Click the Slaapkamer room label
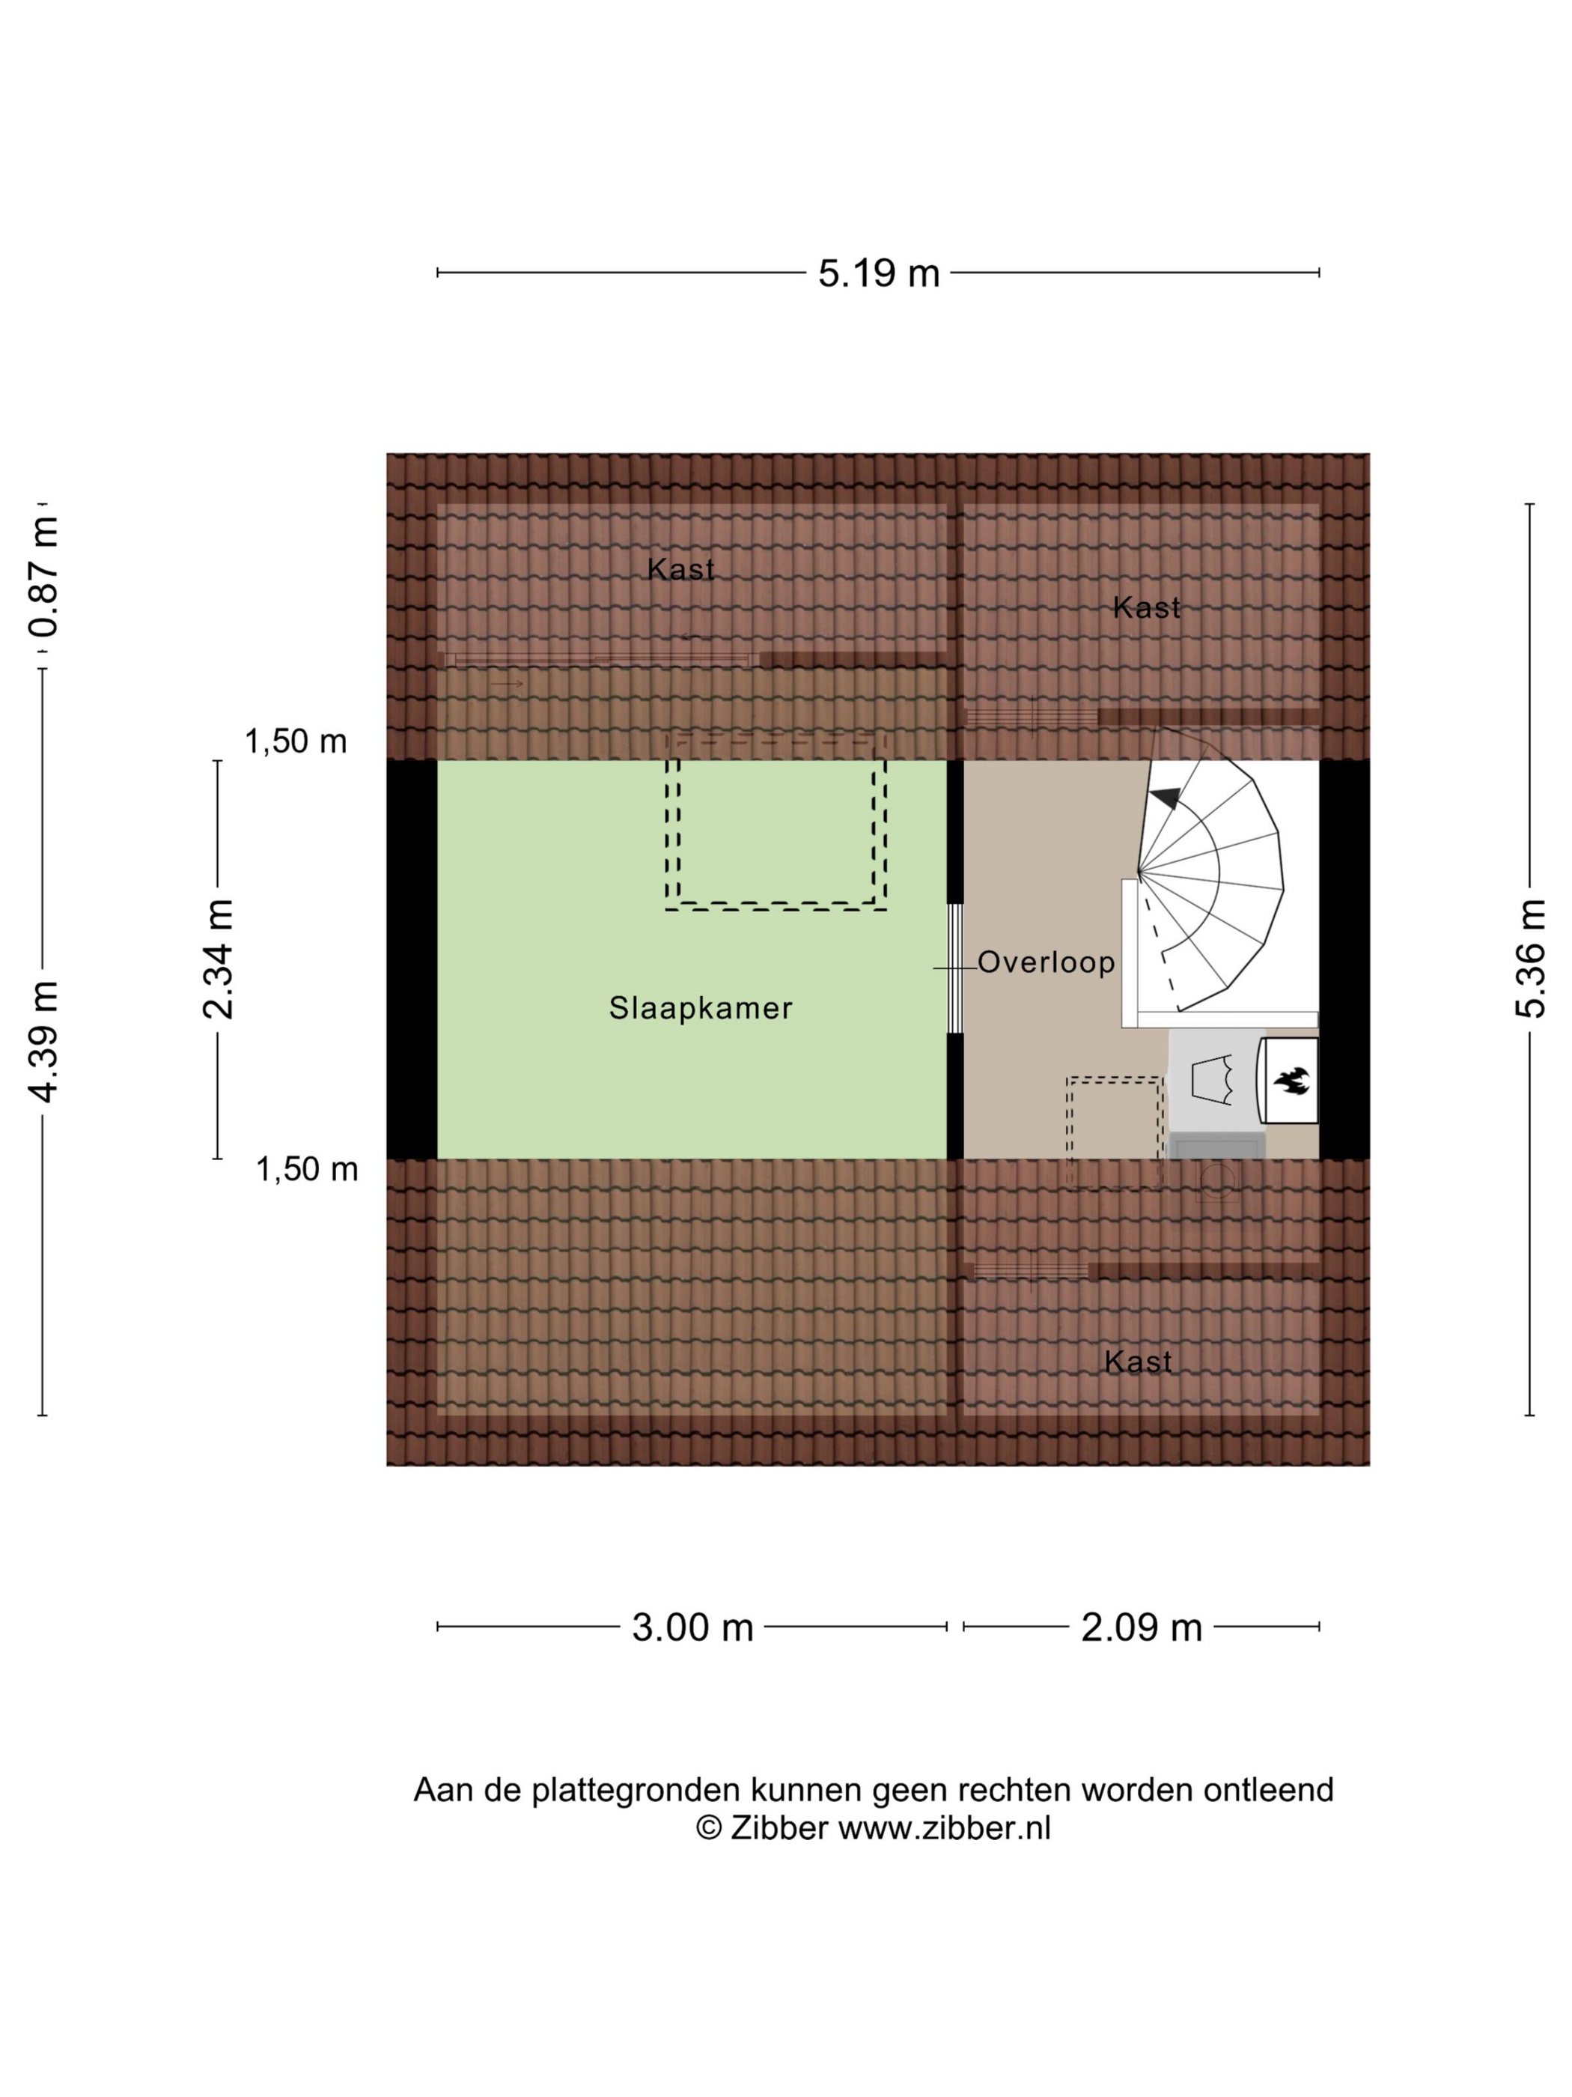point(700,1008)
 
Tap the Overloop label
point(1046,963)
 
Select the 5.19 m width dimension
point(878,274)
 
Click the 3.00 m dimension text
point(692,1627)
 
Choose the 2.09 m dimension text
point(1141,1627)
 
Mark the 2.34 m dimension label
point(218,959)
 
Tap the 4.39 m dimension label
point(43,1042)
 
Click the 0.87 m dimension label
point(43,577)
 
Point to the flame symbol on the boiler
point(1291,1081)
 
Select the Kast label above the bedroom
point(680,568)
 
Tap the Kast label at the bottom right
point(1138,1362)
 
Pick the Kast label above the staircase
point(1147,607)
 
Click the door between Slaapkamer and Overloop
point(955,968)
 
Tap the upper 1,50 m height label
point(296,741)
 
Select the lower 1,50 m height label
point(307,1170)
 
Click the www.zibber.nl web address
point(945,1828)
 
